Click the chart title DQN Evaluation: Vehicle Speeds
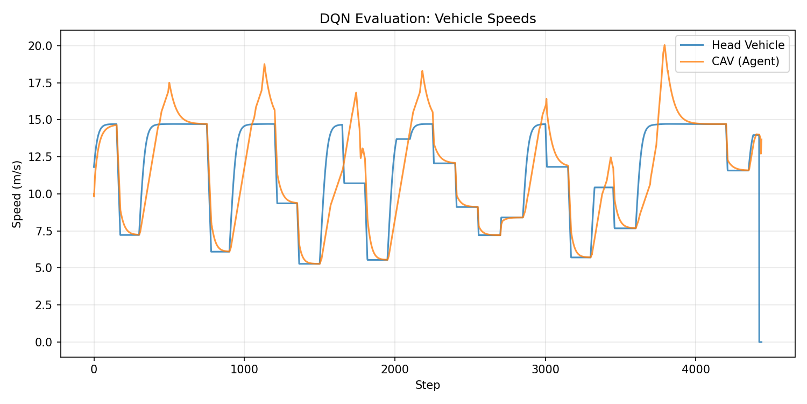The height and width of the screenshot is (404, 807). [x=428, y=19]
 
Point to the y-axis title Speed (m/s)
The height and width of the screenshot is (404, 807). [x=17, y=194]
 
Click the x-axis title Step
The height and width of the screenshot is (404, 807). [x=428, y=385]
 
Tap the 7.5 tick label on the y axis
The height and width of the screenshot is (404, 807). [x=45, y=231]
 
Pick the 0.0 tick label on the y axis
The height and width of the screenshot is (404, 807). [x=45, y=342]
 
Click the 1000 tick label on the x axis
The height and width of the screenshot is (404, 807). [x=244, y=370]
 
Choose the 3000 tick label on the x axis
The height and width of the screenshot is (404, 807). [x=545, y=370]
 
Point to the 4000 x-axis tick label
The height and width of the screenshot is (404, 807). [x=696, y=370]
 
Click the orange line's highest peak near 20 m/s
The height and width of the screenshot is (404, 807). [x=664, y=45]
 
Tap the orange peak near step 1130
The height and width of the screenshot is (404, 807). [x=264, y=64]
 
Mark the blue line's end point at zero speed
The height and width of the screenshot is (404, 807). [x=761, y=342]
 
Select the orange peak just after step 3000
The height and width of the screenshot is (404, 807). [x=546, y=99]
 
